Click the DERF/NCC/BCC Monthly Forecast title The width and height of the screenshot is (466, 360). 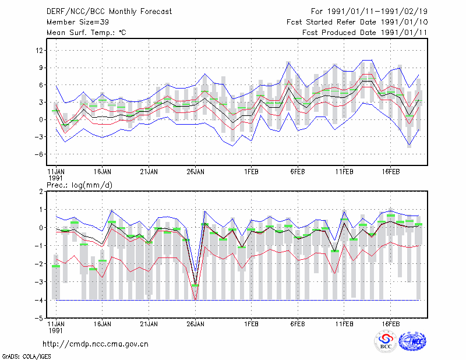coord(109,12)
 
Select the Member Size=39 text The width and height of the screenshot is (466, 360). coord(77,22)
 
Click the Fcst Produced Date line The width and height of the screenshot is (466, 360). coord(365,33)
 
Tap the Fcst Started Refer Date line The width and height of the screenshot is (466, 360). coord(357,22)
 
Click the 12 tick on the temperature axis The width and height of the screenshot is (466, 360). coord(39,51)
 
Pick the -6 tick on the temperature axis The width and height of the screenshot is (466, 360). coord(38,154)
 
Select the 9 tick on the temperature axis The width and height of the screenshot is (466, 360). coord(41,68)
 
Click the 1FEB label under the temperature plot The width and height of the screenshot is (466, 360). coord(251,172)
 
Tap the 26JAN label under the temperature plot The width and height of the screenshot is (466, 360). coord(195,172)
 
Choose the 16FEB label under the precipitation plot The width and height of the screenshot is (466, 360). coord(390,324)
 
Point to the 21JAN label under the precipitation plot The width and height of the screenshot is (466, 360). coord(149,324)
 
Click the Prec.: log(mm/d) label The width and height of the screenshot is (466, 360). coord(80,185)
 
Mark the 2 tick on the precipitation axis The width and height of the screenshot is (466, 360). coord(41,192)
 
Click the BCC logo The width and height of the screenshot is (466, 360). coord(386,341)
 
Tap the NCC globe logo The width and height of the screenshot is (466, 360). coord(412,341)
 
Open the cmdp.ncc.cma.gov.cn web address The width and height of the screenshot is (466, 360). coord(96,344)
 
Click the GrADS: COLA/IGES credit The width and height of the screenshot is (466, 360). coord(26,357)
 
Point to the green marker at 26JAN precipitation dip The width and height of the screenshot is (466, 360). coord(195,285)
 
